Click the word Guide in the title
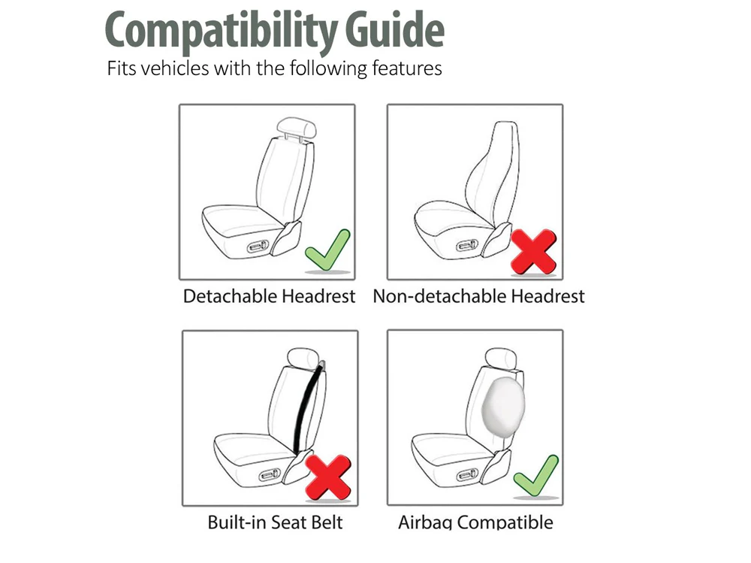(x=395, y=29)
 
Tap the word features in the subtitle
(x=406, y=68)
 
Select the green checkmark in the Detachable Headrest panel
(x=327, y=250)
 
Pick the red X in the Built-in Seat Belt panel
(x=328, y=477)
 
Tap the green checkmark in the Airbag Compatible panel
(x=536, y=476)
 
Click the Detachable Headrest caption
(x=269, y=296)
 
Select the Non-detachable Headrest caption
(x=478, y=296)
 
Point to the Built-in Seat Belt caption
(x=275, y=522)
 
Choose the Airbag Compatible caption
(x=475, y=522)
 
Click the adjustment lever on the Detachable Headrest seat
(x=259, y=247)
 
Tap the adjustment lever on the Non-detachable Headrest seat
(x=467, y=247)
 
